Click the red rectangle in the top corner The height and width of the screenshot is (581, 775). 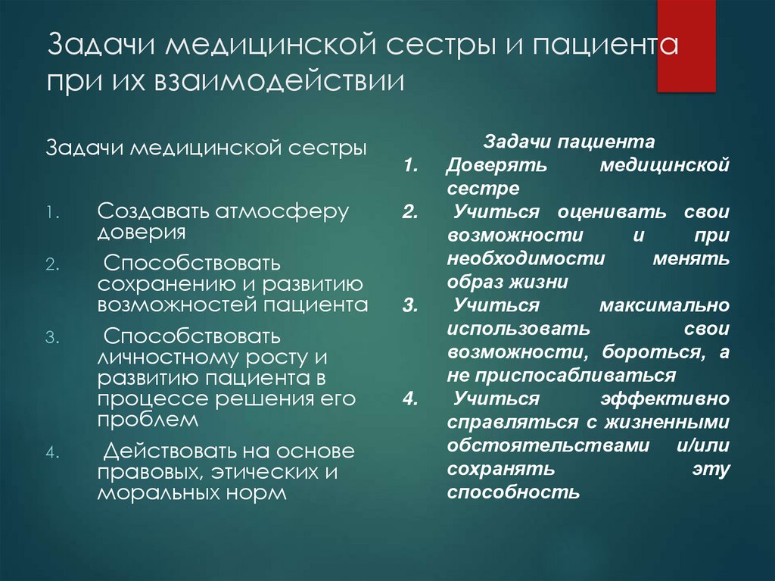pos(686,45)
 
